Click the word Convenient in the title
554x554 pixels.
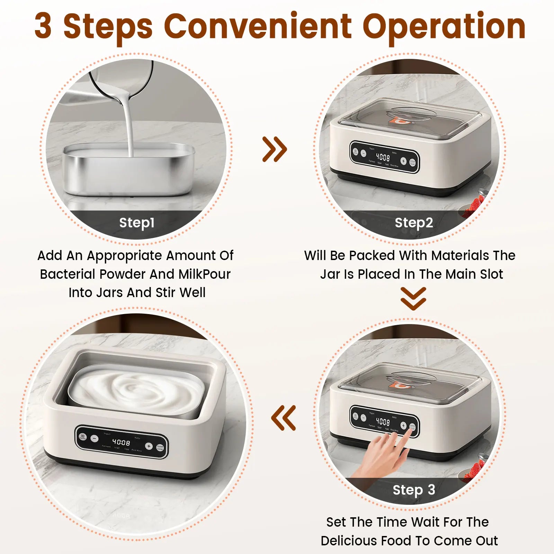click(258, 26)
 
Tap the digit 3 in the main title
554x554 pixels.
click(44, 26)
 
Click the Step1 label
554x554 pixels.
click(137, 223)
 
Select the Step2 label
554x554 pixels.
click(414, 223)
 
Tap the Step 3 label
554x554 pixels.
click(414, 490)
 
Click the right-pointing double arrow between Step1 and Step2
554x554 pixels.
click(275, 149)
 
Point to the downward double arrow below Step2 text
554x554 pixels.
click(413, 298)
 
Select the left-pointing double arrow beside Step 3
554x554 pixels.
click(284, 418)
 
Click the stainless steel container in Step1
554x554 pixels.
click(128, 171)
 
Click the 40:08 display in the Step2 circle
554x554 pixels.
click(383, 158)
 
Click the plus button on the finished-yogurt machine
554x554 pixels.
click(149, 446)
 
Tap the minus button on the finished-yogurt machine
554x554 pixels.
click(95, 438)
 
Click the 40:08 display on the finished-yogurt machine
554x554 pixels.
click(121, 442)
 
